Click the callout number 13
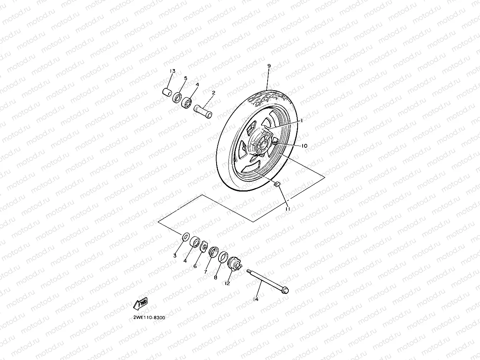[x=172, y=71]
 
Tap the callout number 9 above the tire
[x=269, y=66]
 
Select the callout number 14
[x=256, y=299]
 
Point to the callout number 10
[x=305, y=146]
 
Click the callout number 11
[x=288, y=209]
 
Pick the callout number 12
[x=227, y=283]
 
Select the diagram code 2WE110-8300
[x=149, y=318]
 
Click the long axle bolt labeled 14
[x=267, y=282]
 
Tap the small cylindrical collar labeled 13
[x=167, y=92]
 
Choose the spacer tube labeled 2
[x=203, y=111]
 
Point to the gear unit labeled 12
[x=235, y=264]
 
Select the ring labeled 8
[x=223, y=257]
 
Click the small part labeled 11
[x=277, y=184]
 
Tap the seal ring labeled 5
[x=177, y=98]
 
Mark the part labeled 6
[x=204, y=246]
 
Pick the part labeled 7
[x=214, y=252]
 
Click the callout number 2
[x=214, y=92]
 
